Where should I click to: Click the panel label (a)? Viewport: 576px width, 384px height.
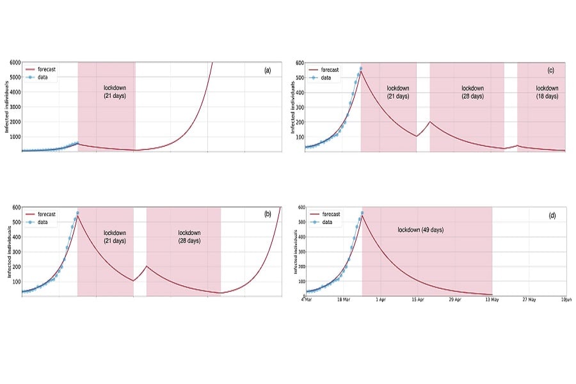[268, 70]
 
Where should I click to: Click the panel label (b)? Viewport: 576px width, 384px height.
[268, 215]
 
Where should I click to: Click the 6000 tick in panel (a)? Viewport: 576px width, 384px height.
[14, 63]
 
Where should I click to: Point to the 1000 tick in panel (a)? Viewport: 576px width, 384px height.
[14, 136]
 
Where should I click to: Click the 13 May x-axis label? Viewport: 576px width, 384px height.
[492, 299]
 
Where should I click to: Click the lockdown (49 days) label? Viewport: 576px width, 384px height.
[420, 229]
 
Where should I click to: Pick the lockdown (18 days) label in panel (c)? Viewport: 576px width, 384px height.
[547, 92]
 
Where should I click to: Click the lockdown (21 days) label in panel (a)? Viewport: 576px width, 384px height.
[115, 92]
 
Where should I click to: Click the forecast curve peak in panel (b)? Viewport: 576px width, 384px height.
[77, 212]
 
